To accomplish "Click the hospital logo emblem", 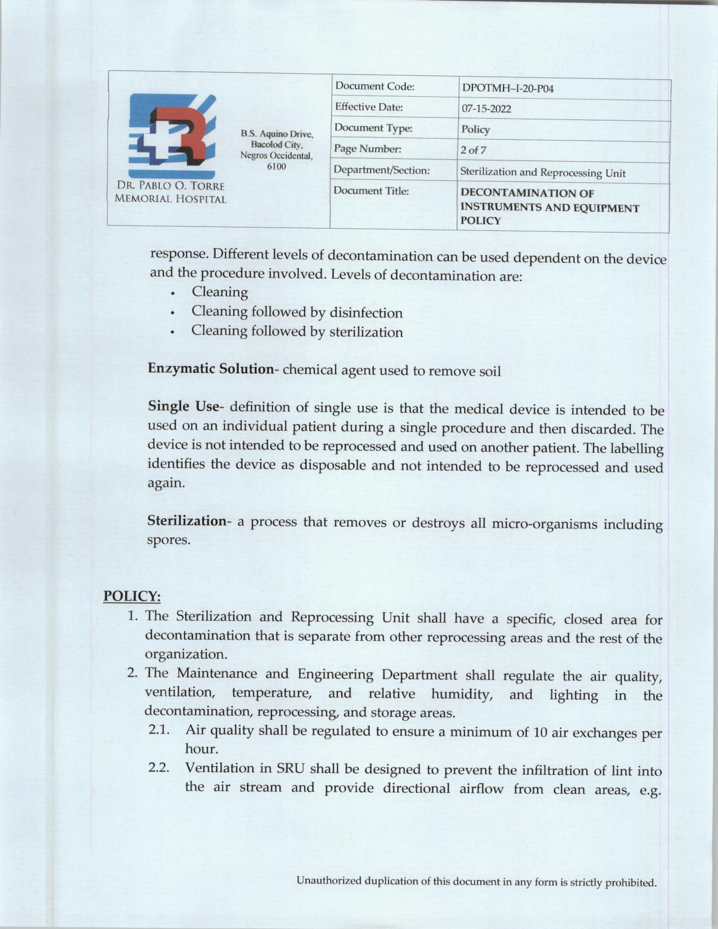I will click(x=170, y=136).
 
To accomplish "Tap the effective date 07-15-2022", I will click(x=486, y=109).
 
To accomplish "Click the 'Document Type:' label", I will click(x=373, y=128).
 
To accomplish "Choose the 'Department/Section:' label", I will click(x=381, y=170).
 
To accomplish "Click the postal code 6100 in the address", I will click(x=277, y=167).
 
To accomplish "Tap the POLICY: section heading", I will click(x=132, y=596).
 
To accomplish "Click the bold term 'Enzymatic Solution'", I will click(x=210, y=369).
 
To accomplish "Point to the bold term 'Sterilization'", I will click(x=186, y=521).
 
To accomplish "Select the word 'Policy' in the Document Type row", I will click(x=475, y=129).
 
